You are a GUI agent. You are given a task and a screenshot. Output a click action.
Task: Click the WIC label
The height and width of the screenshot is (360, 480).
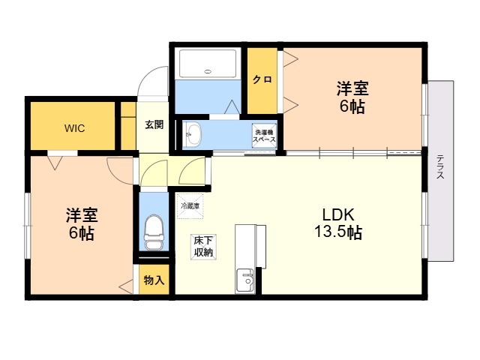pos(73,127)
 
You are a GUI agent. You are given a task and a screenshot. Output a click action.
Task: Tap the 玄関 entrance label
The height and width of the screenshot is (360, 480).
pos(154,124)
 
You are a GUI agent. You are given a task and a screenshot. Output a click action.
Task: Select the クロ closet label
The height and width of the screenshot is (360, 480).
pos(261,79)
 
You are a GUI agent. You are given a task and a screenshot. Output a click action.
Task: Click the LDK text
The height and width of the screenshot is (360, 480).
pos(338,214)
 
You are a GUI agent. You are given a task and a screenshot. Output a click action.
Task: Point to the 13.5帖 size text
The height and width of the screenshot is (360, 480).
pos(338,232)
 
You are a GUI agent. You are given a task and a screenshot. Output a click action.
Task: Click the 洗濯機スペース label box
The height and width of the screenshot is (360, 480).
pos(264,135)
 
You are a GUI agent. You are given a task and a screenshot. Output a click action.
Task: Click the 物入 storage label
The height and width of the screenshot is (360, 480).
pos(154,280)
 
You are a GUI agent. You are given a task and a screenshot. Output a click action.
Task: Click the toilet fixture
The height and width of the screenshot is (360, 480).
pos(154,232)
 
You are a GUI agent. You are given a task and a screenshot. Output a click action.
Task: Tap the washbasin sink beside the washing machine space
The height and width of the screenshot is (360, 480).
pos(193,135)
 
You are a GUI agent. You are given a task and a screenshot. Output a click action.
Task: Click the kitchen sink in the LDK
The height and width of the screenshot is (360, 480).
pos(246,280)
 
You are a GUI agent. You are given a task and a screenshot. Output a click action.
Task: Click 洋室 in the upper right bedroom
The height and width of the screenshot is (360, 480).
pos(351,88)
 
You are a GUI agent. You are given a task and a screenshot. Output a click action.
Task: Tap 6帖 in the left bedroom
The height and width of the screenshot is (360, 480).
pos(81,234)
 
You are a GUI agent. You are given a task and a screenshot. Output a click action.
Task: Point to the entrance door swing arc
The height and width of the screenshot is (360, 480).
pos(155,79)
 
